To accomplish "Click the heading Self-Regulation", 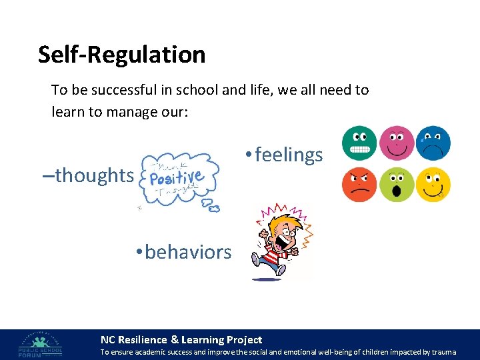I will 121,55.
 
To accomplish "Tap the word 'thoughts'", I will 94,175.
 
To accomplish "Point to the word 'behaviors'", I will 187,252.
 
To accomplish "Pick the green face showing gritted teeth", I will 359,143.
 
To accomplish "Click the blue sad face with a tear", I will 433,143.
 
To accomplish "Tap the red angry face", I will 359,185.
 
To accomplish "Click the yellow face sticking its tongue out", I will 433,185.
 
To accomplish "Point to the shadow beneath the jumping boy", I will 267,279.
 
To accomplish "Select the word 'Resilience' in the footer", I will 143,340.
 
